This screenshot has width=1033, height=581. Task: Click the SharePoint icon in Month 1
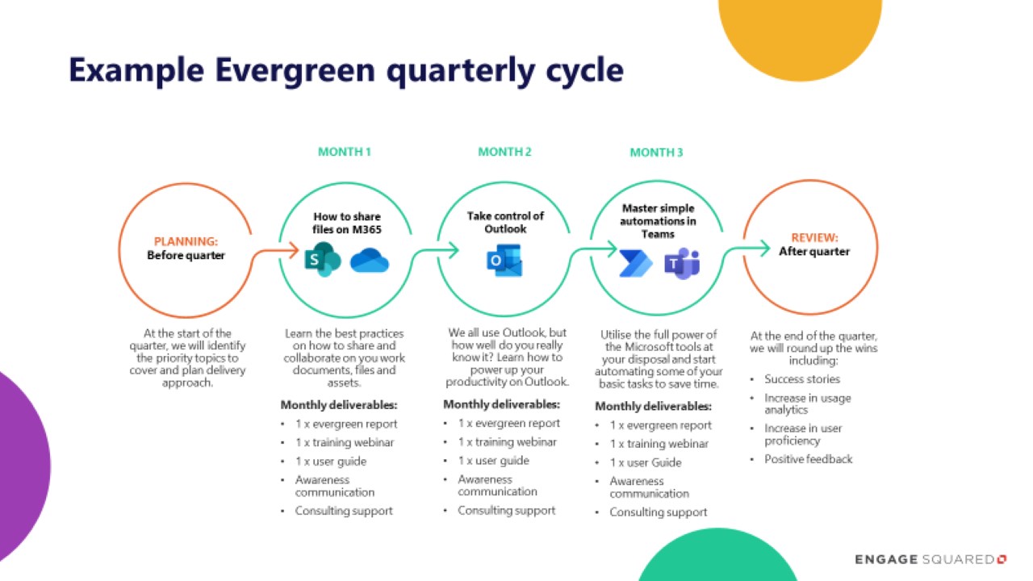(322, 260)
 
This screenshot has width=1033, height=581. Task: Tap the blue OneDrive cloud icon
(370, 261)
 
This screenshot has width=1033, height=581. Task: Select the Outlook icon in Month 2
(504, 261)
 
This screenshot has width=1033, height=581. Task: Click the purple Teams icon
(681, 263)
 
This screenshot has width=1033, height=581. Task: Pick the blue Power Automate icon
(636, 263)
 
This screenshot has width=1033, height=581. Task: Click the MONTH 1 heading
(345, 152)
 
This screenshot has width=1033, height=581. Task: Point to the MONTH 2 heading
(504, 152)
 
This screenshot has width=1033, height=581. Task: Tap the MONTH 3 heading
(656, 152)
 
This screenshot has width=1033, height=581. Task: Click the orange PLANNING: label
(186, 240)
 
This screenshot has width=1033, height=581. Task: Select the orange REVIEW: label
(813, 238)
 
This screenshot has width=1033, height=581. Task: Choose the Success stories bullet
(801, 379)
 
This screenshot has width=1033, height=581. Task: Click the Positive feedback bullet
(808, 459)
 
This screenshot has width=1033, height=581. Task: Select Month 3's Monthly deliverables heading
(653, 406)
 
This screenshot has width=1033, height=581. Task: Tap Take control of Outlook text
(505, 223)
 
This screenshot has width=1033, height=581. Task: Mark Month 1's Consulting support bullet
(344, 511)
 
